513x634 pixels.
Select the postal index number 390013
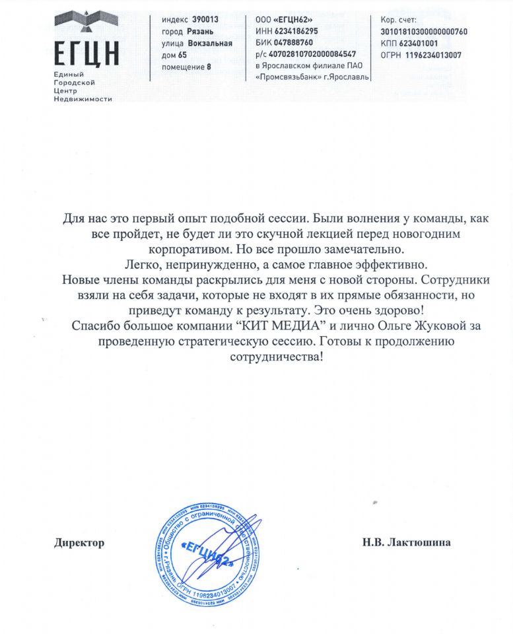pyautogui.click(x=205, y=20)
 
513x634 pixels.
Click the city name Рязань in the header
pyautogui.click(x=200, y=32)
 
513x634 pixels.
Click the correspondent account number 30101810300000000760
pyautogui.click(x=424, y=32)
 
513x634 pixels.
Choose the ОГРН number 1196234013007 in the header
pyautogui.click(x=434, y=55)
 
